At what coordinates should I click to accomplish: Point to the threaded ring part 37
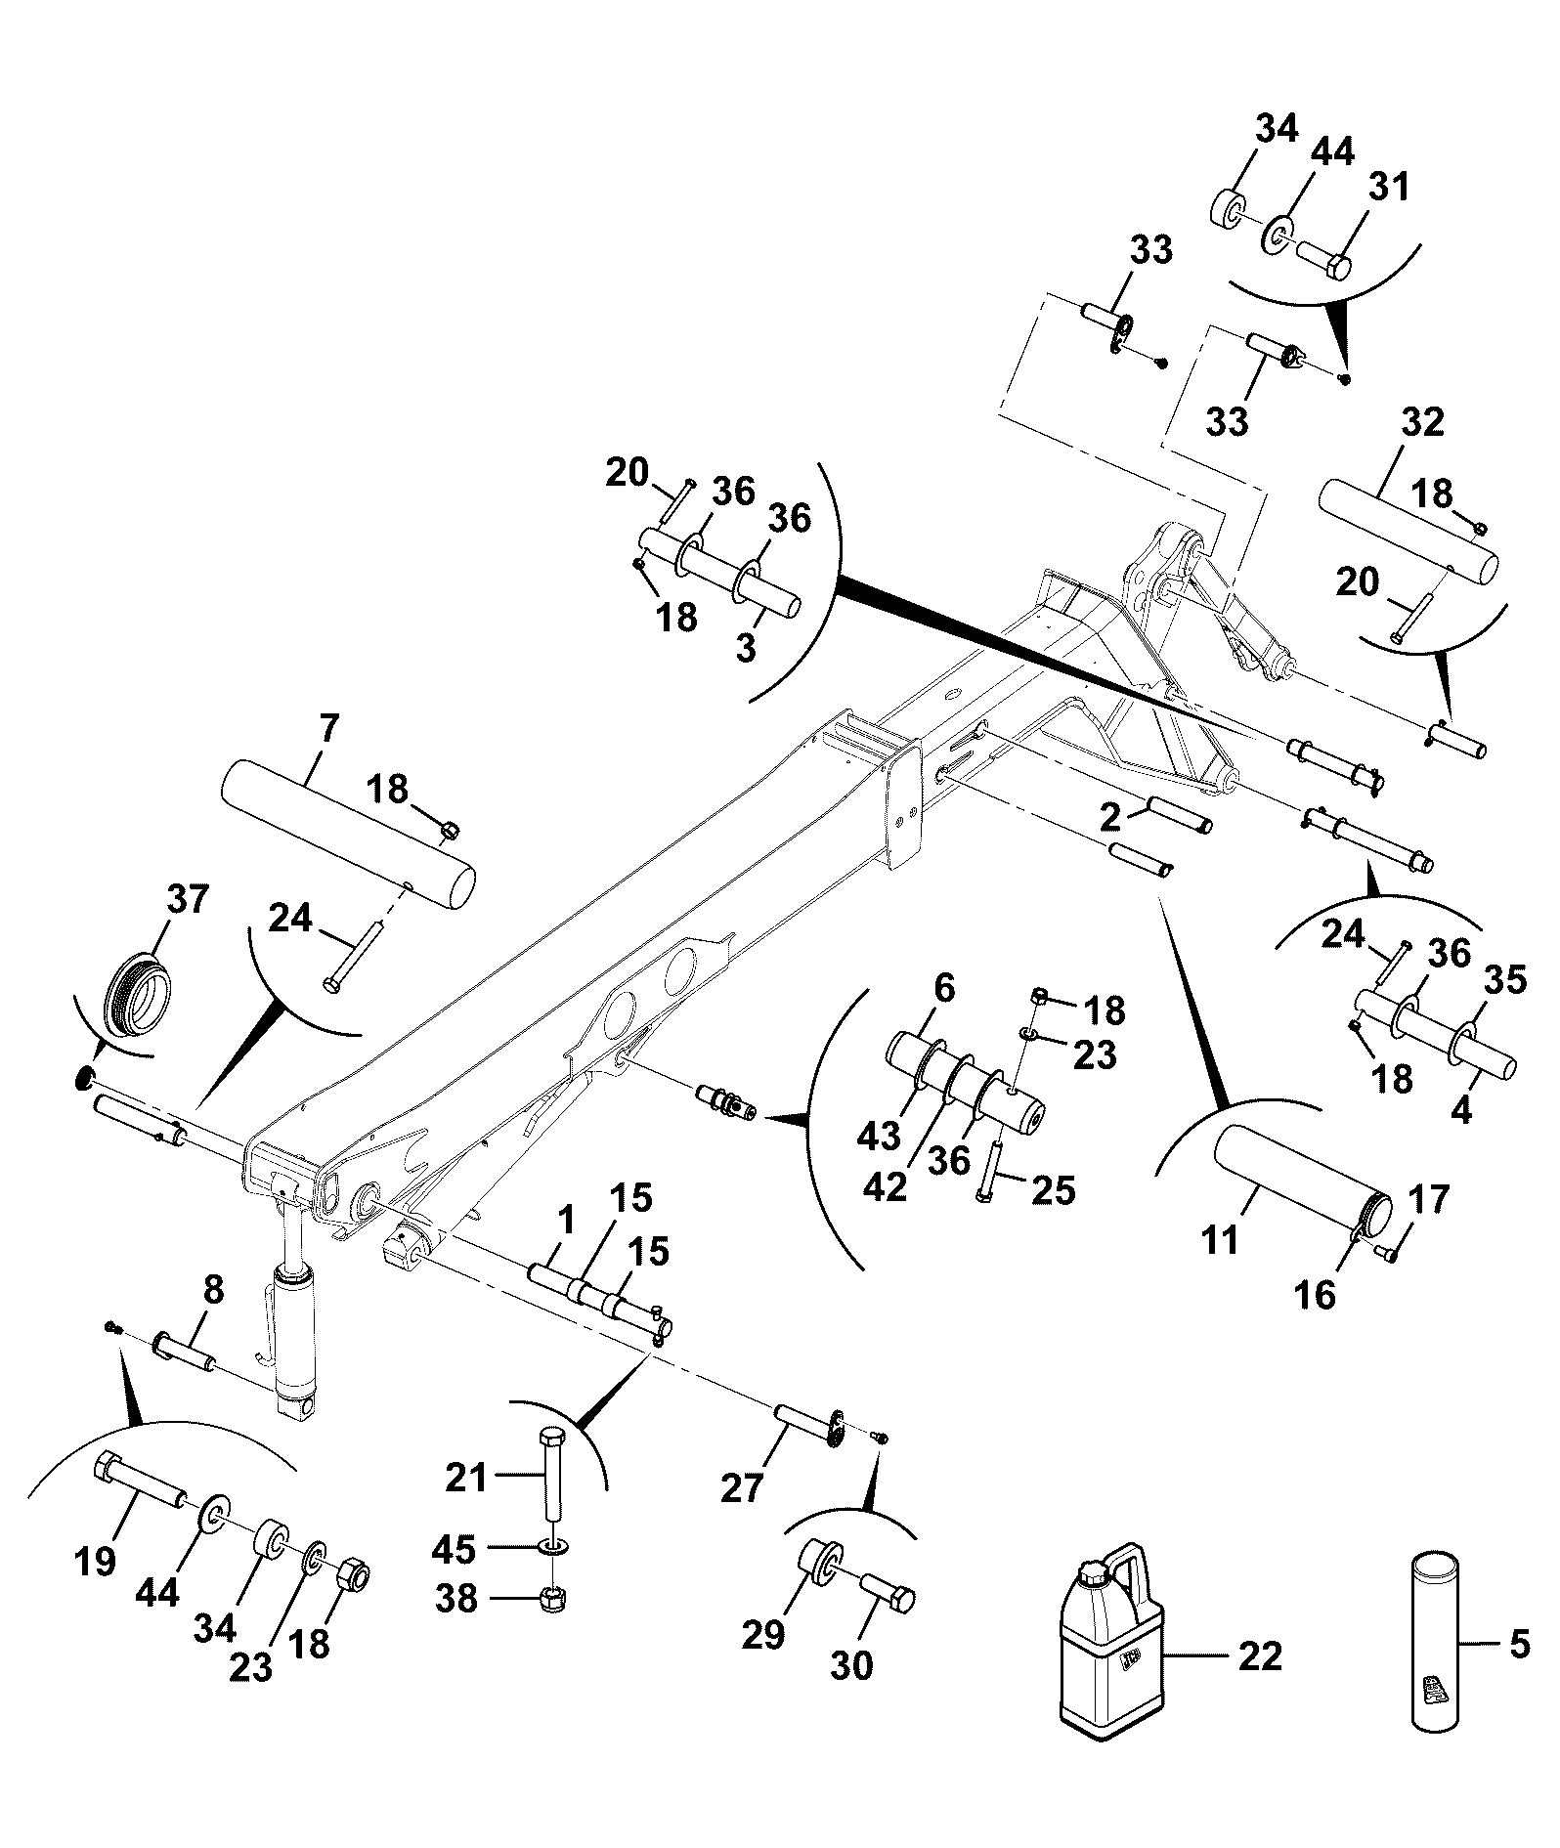(138, 994)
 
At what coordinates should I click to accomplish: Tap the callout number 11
(1221, 1240)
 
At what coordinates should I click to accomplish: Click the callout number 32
(1422, 422)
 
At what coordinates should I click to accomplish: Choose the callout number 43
(878, 1136)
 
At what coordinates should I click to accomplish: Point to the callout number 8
(214, 1290)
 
